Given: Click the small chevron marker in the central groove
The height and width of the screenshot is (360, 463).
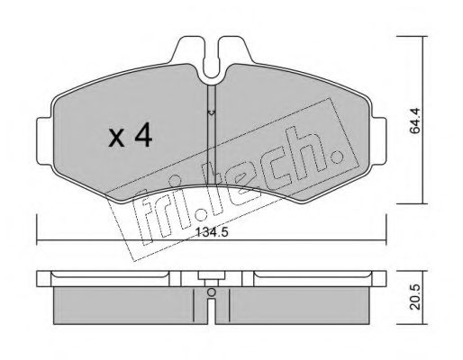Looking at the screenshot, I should point(210,112).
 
